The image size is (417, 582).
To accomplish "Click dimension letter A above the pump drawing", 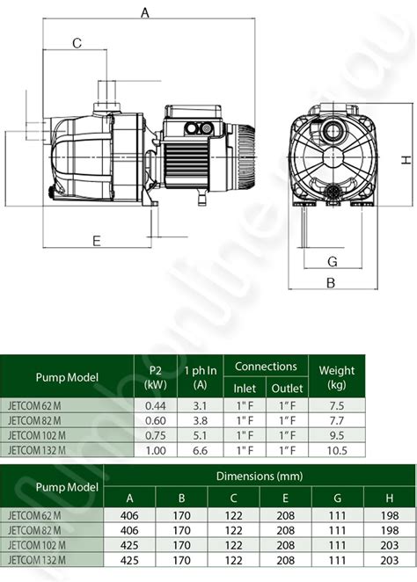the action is point(145,12).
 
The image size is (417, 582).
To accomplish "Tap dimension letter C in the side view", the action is point(77,43).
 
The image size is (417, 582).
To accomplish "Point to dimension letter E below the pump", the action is point(97,241).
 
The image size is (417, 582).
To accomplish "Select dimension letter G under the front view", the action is point(333,262).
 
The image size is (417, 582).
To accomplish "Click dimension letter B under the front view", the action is point(331,283).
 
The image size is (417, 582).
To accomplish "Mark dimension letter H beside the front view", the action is point(406,160).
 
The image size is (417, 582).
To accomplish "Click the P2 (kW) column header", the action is point(155,377).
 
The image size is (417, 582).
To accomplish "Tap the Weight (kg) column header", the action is point(336,377).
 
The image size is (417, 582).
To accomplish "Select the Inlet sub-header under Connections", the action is point(245,389).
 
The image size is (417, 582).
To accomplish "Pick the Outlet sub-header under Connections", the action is point(287,389).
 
